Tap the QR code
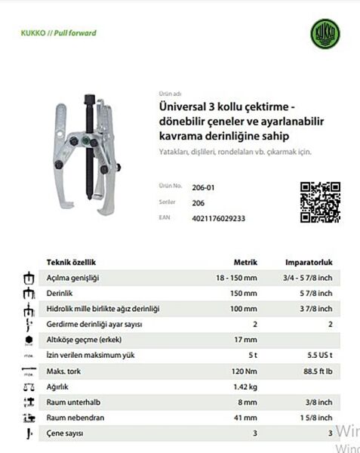320,202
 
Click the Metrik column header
245,263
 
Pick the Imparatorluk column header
309,263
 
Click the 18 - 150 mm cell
236,278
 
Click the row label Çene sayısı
66,433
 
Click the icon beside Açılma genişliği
29,278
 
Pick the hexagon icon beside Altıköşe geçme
29,340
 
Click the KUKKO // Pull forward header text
58,33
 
